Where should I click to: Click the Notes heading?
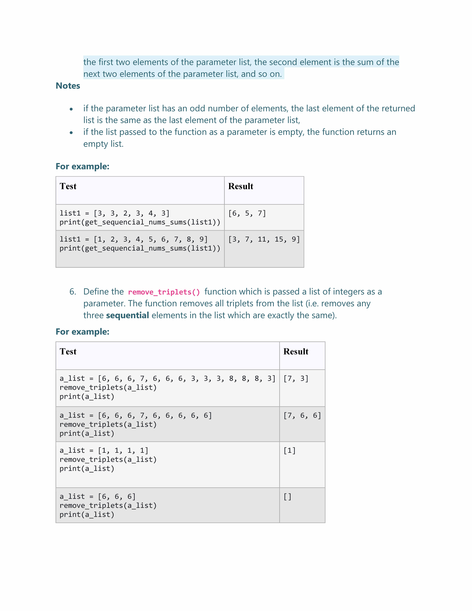(68, 86)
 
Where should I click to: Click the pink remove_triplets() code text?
(164, 292)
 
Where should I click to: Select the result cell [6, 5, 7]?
(247, 213)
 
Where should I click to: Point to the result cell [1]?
(289, 451)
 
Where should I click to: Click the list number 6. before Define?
(73, 292)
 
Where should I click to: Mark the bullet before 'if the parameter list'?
(71, 109)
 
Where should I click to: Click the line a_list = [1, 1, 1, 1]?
(104, 451)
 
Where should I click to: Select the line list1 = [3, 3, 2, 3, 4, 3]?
(114, 213)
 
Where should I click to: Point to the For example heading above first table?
(82, 166)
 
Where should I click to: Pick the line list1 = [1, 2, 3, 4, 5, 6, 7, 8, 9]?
(133, 239)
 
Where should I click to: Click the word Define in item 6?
(103, 292)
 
